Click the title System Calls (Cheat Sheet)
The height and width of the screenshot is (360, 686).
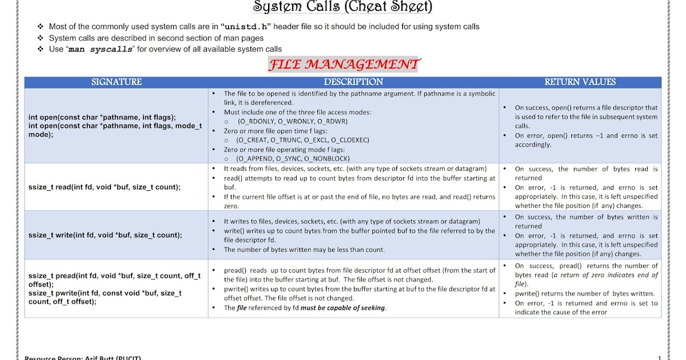(342, 7)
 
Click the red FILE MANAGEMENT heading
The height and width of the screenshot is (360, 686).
(343, 64)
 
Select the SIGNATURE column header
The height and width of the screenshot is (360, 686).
(116, 82)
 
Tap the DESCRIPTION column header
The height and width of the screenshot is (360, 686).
(353, 82)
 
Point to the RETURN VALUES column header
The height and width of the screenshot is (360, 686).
(580, 82)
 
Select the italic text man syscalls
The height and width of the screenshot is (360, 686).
(101, 50)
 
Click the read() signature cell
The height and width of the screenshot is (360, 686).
(105, 187)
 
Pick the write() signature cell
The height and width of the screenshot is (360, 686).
(105, 235)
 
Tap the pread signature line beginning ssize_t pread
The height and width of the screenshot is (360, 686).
(114, 276)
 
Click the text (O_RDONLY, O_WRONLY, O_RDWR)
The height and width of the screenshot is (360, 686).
(292, 121)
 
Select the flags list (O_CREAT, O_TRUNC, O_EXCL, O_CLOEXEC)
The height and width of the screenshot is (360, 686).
(303, 140)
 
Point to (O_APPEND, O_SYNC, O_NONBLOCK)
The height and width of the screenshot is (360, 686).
(293, 158)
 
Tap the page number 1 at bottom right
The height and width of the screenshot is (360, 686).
(659, 358)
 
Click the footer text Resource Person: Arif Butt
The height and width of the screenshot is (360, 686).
(82, 358)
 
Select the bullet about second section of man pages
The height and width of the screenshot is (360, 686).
(156, 38)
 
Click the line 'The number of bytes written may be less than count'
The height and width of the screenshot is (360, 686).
(304, 249)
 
